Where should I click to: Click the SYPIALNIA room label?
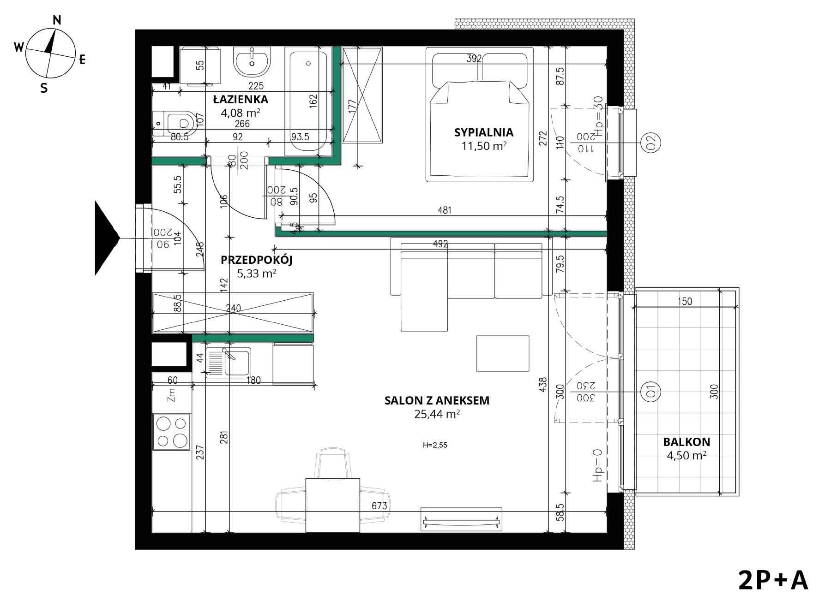click(484, 132)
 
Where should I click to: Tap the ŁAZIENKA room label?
click(241, 99)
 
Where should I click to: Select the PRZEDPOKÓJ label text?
click(257, 260)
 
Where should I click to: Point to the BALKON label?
click(686, 442)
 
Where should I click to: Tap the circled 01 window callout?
click(651, 391)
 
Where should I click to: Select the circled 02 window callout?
click(651, 143)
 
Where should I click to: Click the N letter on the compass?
click(57, 20)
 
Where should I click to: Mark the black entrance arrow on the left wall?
click(107, 238)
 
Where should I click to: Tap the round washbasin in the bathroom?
click(252, 61)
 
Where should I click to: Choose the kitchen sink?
click(229, 362)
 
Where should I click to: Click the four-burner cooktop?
click(172, 432)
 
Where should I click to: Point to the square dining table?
click(333, 505)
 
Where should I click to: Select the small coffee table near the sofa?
click(503, 353)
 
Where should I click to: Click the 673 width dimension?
click(379, 506)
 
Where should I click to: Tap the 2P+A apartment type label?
click(773, 580)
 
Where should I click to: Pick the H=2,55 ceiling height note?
click(435, 446)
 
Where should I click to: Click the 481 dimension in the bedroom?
click(444, 210)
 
